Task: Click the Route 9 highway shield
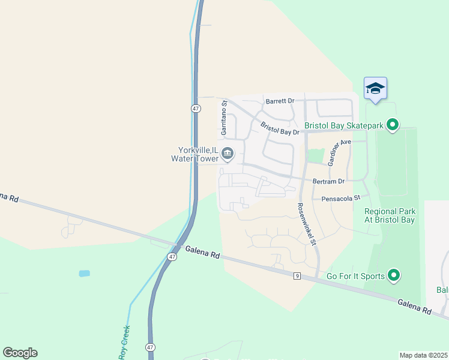click(297, 275)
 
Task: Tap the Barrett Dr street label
click(280, 101)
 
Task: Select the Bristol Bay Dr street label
click(279, 128)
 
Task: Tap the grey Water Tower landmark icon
click(228, 154)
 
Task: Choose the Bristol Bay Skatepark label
click(343, 125)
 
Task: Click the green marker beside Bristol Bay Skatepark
click(393, 125)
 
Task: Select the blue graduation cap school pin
click(375, 89)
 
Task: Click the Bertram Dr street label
click(329, 181)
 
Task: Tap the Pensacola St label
click(340, 197)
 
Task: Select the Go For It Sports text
click(354, 276)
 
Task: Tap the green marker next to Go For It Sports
click(394, 275)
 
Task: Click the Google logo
click(20, 353)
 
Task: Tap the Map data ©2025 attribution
click(423, 355)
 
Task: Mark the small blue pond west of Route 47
click(84, 274)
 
